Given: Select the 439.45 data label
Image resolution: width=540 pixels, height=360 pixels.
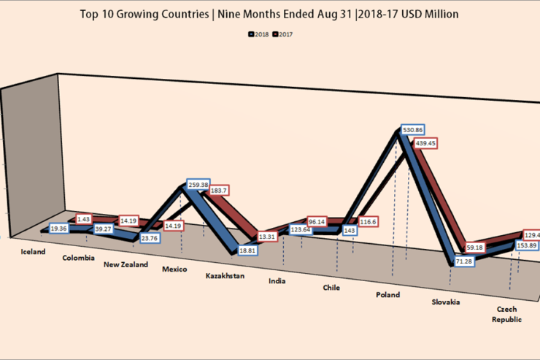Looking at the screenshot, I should pos(427,144).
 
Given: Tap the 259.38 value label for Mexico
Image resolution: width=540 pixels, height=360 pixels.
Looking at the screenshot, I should pos(200,185).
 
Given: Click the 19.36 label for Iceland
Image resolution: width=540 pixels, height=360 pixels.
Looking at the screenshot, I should pos(60,229).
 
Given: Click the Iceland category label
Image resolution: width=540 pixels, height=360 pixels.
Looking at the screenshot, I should pos(34,252).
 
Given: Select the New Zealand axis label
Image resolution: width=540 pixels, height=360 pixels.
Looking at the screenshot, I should pos(126,264).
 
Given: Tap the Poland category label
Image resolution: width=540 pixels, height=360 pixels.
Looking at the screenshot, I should pos(387,294).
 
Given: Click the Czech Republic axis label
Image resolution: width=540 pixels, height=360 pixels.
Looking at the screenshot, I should pos(506,315).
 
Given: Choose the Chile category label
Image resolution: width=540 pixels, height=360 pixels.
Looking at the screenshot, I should pos(331,288).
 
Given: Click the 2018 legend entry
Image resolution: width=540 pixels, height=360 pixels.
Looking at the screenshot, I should pos(259,34).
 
